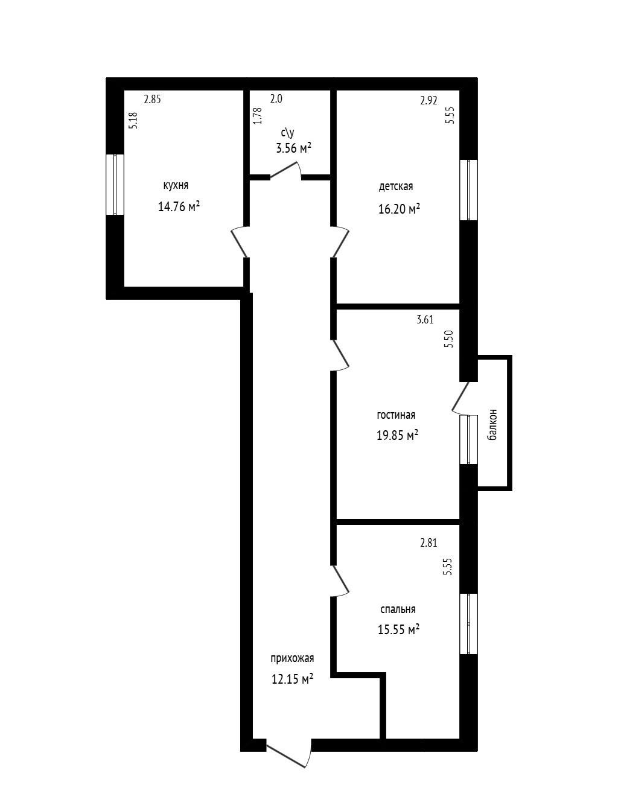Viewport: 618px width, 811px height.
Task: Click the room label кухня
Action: click(176, 185)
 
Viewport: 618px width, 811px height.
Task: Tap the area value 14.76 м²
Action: click(179, 206)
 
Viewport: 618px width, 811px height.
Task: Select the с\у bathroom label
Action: click(288, 132)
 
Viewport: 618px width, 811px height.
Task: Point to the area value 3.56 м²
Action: click(294, 148)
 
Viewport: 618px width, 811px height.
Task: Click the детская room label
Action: click(396, 186)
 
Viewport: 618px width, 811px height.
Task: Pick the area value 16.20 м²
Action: click(399, 209)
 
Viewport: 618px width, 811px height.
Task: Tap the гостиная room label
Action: click(396, 415)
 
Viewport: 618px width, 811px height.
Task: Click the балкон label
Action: click(492, 425)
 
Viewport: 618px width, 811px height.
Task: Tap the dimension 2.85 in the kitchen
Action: click(152, 100)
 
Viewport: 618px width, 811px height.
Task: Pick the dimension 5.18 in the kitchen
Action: click(133, 121)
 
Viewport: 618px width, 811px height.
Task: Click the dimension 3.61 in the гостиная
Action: click(425, 320)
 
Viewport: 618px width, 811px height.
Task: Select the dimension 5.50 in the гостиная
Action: click(449, 339)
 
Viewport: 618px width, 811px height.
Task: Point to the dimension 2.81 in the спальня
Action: click(428, 542)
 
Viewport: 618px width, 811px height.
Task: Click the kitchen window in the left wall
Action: click(115, 185)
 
